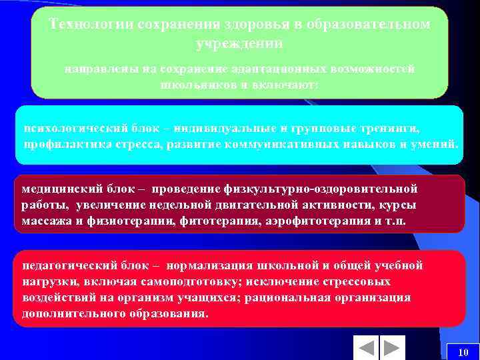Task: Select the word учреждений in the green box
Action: point(239,43)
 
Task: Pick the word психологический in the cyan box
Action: point(70,127)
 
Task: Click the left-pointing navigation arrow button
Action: point(366,348)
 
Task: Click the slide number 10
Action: point(464,352)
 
